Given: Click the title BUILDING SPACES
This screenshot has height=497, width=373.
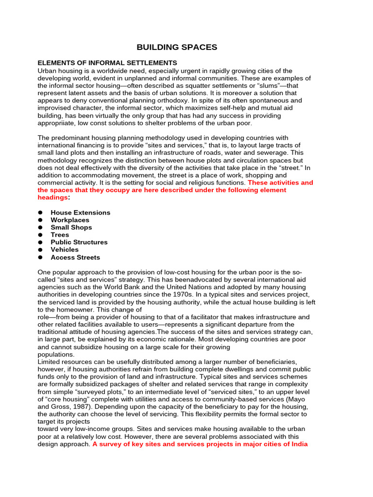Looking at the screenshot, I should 177,47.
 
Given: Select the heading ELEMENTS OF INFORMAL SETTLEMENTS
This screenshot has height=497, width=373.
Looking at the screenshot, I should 107,63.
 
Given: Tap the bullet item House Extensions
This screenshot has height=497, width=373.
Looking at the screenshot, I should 80,213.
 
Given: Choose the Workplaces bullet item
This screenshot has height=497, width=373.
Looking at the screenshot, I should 70,220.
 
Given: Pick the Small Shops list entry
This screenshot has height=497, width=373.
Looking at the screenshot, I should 71,227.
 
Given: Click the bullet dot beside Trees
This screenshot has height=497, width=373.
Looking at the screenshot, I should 40,235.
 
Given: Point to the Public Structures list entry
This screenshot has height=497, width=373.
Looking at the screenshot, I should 79,242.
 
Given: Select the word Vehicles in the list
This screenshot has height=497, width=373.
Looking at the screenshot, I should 65,249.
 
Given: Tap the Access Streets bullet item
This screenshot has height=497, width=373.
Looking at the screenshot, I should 75,257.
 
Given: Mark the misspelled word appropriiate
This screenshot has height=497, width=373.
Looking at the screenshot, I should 57,123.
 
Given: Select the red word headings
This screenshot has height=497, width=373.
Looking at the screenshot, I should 52,198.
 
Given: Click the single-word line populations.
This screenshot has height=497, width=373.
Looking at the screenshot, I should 56,354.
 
